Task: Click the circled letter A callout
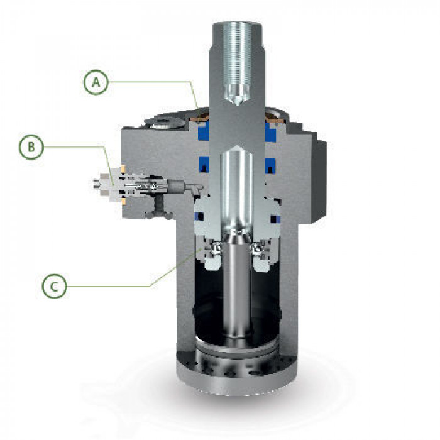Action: (96, 82)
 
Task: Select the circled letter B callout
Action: (31, 147)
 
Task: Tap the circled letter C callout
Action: (54, 286)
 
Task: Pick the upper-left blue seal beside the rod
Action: (204, 131)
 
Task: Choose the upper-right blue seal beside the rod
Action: (271, 131)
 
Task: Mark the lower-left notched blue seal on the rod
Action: (204, 165)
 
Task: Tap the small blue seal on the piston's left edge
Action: (199, 217)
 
